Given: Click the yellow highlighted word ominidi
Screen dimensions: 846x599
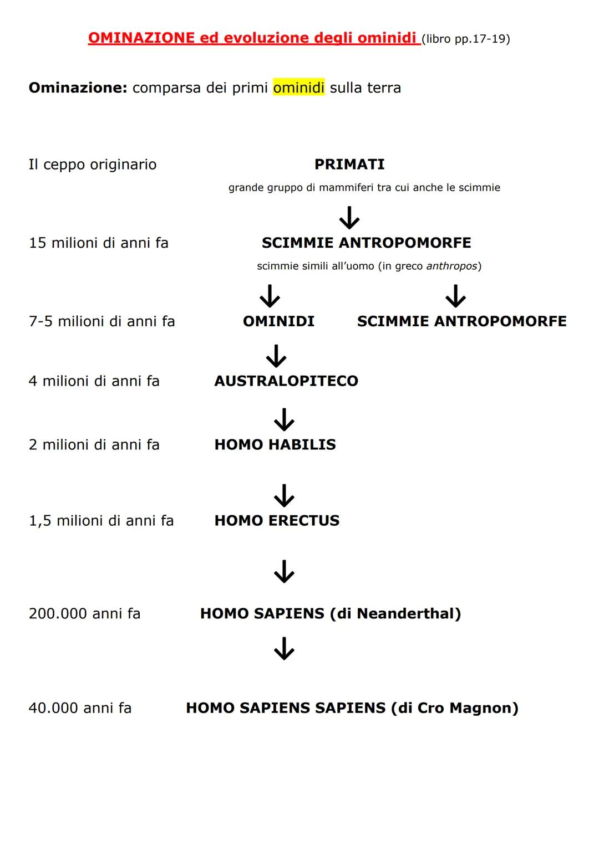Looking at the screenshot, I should point(298,88).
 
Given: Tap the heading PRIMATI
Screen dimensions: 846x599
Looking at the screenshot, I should point(349,164).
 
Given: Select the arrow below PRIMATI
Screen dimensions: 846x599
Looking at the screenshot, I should point(349,217).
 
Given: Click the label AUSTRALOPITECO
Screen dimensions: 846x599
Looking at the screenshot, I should point(286,381).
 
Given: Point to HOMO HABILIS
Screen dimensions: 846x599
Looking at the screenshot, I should point(275,444).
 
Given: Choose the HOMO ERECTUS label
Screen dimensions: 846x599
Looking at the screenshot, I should point(277,520).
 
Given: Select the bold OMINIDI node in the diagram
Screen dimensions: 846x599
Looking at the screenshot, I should point(278,321).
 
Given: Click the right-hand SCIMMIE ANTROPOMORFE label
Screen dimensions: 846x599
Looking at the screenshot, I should point(461,321).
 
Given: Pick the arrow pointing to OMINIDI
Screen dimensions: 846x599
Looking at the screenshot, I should point(270,296).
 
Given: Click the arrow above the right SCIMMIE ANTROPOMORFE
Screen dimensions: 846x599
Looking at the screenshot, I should point(455,296).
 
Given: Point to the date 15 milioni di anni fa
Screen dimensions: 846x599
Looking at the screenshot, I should point(99,243).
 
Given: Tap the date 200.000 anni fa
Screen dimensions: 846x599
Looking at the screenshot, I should point(84,613).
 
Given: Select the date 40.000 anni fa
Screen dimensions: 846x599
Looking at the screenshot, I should point(80,707).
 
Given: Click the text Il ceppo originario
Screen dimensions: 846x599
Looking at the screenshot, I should point(93,164).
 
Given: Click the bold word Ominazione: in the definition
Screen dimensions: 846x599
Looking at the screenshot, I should point(78,88).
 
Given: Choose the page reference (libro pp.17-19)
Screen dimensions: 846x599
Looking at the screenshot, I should point(465,39).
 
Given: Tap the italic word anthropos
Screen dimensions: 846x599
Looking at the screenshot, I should point(451,266).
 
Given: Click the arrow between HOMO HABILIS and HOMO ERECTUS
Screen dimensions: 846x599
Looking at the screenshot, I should point(284,495).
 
